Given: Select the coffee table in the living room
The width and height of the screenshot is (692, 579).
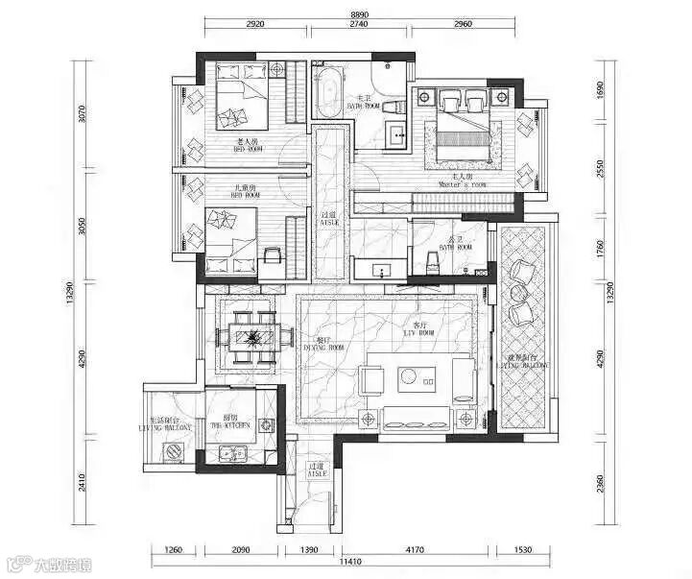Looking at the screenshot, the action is tap(418, 377).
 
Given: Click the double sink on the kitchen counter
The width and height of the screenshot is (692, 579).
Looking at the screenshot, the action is tap(230, 454).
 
